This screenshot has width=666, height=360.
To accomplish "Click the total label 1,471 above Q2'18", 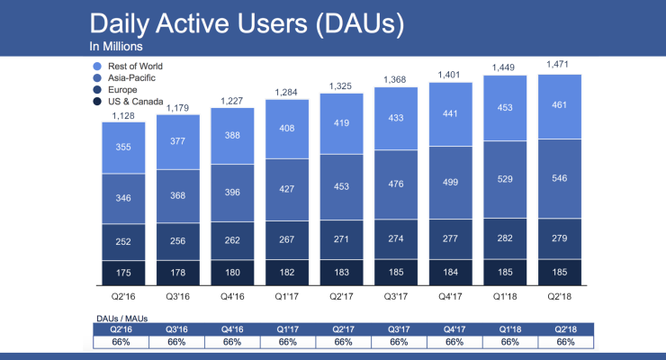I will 564,65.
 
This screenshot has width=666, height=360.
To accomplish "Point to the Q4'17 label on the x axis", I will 455,292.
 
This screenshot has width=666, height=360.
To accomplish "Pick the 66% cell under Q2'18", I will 564,342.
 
